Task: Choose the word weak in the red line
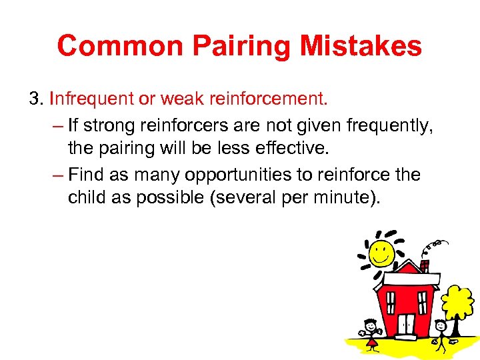point(184,99)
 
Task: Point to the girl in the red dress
point(371,333)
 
